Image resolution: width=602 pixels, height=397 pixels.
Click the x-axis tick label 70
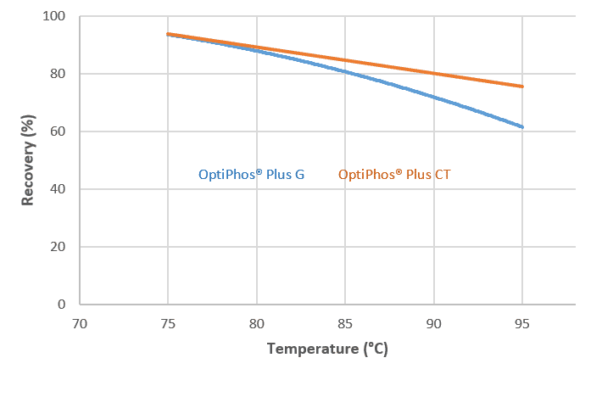tap(79, 323)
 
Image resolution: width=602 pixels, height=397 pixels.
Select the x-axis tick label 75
tap(168, 323)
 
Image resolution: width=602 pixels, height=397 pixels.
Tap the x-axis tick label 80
tap(257, 323)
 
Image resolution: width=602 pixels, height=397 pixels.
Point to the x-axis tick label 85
tap(345, 323)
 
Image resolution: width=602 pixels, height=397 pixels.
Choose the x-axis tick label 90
tap(434, 323)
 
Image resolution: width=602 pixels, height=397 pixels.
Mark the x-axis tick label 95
tap(522, 323)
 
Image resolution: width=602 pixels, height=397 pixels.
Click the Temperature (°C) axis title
tap(327, 349)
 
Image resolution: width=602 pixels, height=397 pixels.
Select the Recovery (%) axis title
tap(28, 160)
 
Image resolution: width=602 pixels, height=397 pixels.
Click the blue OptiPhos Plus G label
tap(251, 175)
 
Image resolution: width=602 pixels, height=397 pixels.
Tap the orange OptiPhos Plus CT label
tap(394, 175)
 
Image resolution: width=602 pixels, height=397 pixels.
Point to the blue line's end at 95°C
tap(522, 127)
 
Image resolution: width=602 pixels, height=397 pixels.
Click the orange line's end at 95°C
tap(522, 86)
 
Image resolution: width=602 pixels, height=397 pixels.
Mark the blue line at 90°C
tap(434, 97)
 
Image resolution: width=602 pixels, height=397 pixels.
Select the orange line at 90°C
tap(434, 73)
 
